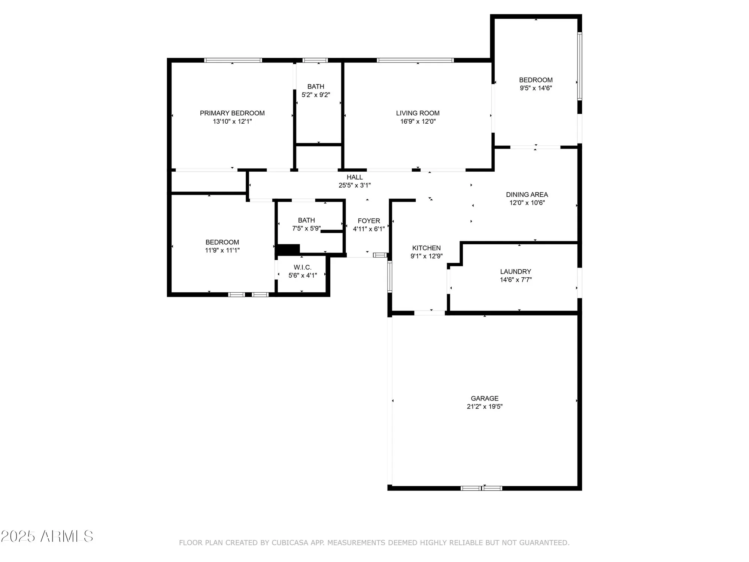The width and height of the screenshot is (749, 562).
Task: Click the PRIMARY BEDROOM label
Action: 232,113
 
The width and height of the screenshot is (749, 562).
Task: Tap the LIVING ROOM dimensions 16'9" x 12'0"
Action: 418,121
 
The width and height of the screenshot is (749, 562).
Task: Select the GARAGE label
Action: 485,398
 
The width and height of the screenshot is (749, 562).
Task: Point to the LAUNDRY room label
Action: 515,272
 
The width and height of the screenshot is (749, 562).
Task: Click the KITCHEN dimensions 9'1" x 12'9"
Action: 426,256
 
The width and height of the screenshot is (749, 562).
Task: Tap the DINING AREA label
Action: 527,194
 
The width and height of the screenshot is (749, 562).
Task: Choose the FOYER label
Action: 369,221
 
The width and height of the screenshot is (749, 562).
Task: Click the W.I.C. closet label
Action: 302,267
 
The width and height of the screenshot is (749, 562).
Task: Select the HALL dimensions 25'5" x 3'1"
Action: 354,185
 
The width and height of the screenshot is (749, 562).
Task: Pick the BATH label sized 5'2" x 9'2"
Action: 316,87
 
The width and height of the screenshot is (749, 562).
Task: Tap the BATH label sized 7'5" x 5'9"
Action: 306,220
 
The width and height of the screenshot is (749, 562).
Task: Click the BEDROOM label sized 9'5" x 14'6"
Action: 536,80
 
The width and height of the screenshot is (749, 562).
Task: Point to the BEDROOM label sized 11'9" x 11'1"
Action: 222,242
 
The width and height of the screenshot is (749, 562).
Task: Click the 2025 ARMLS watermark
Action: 47,537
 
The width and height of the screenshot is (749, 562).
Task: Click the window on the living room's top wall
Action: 415,60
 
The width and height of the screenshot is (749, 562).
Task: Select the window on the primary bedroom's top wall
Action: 233,60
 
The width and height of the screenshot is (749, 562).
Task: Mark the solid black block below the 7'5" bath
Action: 288,249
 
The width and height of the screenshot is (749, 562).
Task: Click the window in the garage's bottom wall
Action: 481,488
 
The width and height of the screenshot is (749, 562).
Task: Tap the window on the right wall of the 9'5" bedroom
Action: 579,66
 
